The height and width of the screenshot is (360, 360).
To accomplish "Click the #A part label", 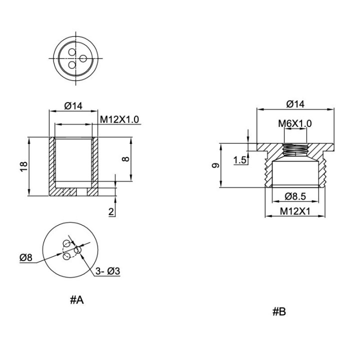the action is pos(77,299).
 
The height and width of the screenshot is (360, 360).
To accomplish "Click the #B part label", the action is pos(279,311).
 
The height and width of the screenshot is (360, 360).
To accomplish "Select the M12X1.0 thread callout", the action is pos(119,119).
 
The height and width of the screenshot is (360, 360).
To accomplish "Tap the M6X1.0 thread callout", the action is pos(295,123).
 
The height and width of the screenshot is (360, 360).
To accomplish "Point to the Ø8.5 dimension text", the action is pos(295,196).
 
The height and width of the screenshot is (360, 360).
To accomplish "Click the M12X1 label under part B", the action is pos(295,211).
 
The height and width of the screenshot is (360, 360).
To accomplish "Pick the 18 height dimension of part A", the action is pos(24,166).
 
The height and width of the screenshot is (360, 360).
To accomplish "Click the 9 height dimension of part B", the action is pos(215,165).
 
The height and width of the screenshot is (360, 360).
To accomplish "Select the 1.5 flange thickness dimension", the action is pos(240,160).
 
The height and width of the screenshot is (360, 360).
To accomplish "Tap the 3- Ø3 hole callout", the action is pos(107,271).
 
